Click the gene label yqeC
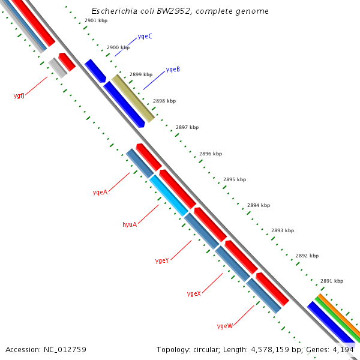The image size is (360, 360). [x=145, y=37]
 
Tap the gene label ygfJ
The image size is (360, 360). [x=19, y=96]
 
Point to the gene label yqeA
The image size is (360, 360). [x=100, y=192]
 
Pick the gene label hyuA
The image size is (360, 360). [x=130, y=224]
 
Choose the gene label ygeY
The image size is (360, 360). [x=162, y=260]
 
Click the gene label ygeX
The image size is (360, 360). [x=193, y=293]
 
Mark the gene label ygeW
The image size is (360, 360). [x=224, y=326]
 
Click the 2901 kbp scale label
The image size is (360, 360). [x=96, y=21]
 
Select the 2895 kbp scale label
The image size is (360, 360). [x=235, y=179]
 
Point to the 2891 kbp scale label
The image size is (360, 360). [x=332, y=281]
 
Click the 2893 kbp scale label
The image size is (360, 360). [x=283, y=230]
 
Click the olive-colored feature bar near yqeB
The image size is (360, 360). [x=133, y=98]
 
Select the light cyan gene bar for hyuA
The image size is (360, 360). [x=169, y=195]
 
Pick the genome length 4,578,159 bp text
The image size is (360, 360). [x=283, y=349]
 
